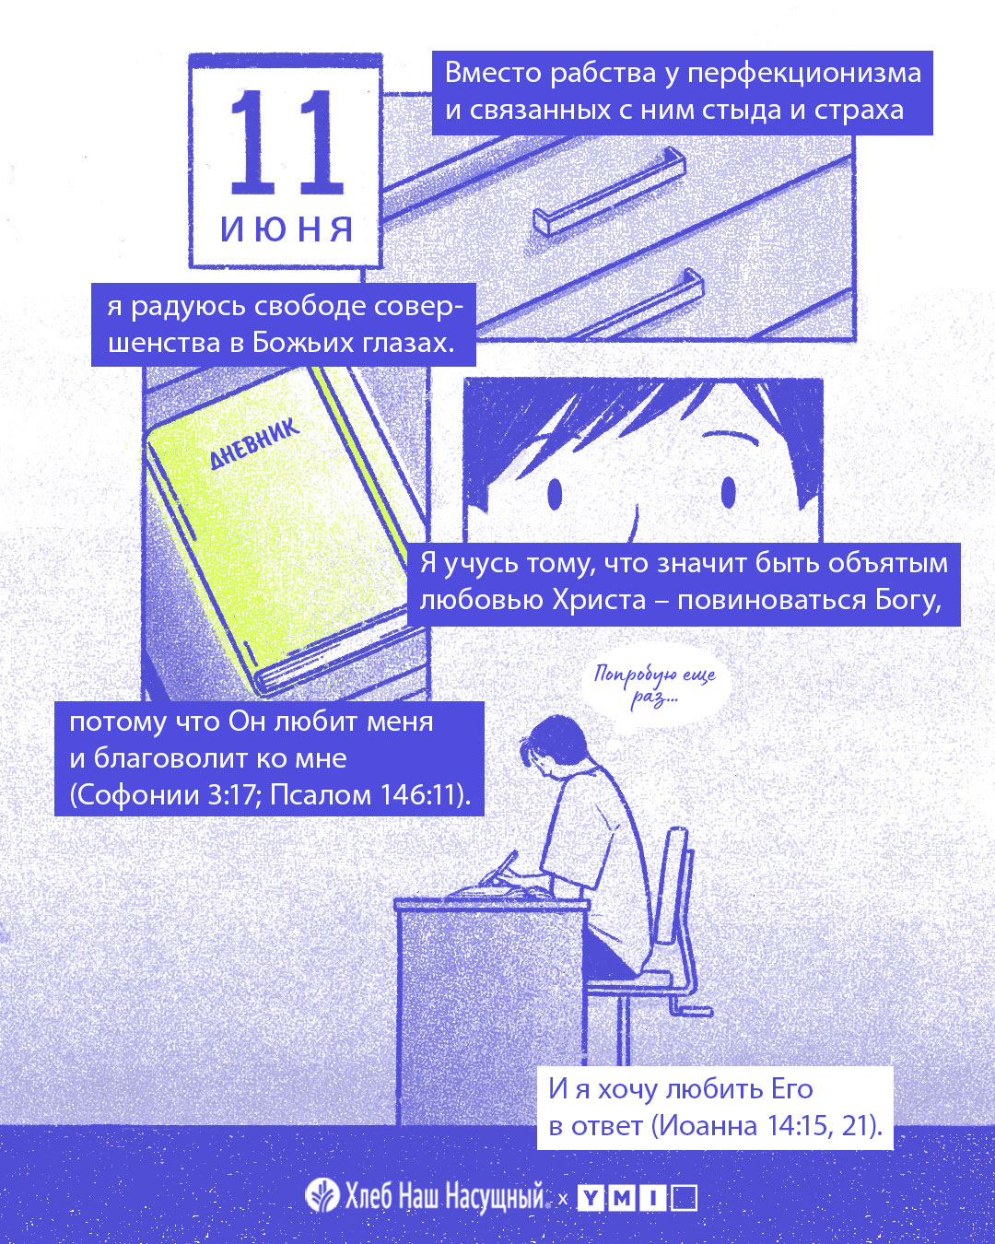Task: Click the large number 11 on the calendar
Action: coord(287,142)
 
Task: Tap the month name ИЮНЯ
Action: coord(287,229)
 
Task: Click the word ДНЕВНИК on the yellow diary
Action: coord(253,443)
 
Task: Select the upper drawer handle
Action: coord(608,191)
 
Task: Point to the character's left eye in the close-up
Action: coord(555,494)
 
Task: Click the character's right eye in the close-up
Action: coord(728,492)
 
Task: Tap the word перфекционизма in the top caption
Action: coord(804,74)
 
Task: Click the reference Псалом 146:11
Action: coord(369,795)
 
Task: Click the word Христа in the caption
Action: coord(599,600)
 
